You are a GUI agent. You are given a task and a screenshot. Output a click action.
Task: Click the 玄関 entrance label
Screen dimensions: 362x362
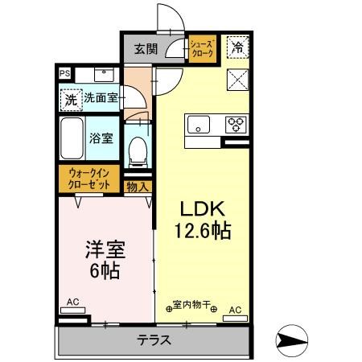[x=146, y=49]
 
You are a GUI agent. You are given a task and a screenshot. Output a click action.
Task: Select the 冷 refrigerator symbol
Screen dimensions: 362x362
[x=237, y=47]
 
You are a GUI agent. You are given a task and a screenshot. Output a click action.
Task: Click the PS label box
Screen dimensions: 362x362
[x=64, y=73]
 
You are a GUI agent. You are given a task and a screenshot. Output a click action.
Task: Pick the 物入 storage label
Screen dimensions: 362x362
[x=138, y=187]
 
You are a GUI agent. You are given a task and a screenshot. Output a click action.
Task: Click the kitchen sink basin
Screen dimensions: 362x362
[x=198, y=125]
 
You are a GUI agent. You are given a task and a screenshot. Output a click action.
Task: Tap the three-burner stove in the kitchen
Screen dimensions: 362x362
[x=236, y=124]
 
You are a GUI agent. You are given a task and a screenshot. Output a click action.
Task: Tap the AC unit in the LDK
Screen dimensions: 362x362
[x=236, y=318]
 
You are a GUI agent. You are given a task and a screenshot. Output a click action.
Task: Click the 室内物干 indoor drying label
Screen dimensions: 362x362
[x=191, y=305]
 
